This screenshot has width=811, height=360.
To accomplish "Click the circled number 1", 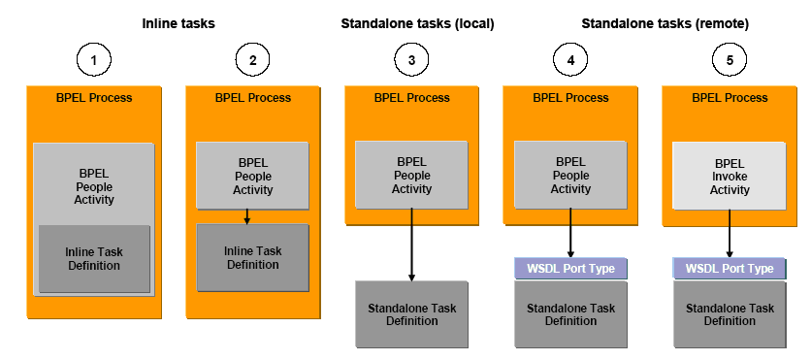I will (94, 60).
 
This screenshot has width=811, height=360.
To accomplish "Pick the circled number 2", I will (252, 60).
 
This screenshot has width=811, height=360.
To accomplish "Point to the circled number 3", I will (411, 60).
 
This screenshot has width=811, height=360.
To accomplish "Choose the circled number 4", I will (570, 60).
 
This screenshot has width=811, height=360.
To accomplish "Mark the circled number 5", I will (730, 60).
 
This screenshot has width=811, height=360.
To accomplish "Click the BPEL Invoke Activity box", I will (730, 176).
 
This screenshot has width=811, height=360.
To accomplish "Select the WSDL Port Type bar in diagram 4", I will (570, 268).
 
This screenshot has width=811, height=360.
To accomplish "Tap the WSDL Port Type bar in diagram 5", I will (730, 268).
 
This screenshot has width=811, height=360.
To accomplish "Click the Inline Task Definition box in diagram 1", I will (94, 258).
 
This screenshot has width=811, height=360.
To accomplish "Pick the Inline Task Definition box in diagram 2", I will (252, 257).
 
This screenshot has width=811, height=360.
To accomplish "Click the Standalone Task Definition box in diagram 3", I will (411, 314).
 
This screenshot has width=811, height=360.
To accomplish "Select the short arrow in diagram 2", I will (247, 215).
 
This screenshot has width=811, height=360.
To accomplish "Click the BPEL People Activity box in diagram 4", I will (570, 176).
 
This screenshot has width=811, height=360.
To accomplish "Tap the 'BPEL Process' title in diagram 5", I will (730, 97).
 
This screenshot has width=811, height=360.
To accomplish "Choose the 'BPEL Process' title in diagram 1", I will (94, 97).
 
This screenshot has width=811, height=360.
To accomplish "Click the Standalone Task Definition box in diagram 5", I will (730, 314).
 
